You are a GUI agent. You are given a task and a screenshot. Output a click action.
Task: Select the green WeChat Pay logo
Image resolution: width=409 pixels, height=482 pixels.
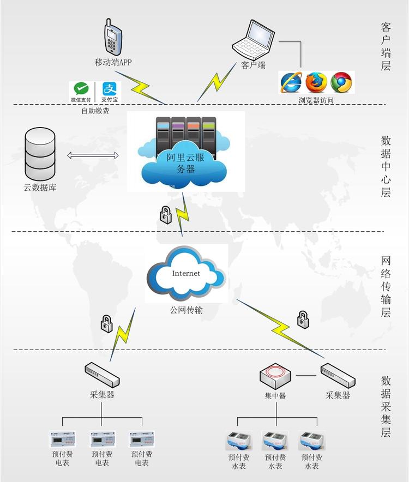81,91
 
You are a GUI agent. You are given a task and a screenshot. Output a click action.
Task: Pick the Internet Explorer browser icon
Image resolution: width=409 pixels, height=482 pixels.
291,82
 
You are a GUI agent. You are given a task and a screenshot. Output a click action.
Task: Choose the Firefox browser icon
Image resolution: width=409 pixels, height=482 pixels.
316,82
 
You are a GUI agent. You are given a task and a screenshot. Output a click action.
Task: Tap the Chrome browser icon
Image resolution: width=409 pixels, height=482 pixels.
341,82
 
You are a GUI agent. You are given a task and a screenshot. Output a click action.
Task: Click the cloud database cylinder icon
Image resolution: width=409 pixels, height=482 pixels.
40,153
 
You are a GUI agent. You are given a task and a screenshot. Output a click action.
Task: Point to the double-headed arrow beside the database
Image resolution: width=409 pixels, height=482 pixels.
93,156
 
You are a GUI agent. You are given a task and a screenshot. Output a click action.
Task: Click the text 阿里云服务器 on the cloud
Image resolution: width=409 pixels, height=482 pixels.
186,164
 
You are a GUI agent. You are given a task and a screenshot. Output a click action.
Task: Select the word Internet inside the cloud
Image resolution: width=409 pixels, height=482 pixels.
186,273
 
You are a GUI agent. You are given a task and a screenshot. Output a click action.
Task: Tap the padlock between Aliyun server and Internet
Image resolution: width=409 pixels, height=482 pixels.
166,214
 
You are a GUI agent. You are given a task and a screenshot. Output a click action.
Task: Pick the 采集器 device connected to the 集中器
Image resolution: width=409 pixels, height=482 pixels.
338,375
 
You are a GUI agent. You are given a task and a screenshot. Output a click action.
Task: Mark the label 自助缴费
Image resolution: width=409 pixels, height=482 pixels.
95,111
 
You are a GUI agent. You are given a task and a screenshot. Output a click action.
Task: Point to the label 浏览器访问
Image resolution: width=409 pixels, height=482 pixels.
316,100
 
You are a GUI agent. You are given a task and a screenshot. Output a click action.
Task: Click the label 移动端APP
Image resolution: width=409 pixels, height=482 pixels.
113,62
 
